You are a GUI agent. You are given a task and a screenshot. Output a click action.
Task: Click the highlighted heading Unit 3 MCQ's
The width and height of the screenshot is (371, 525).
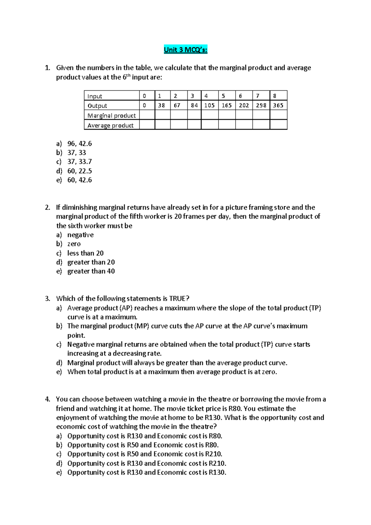point(185,49)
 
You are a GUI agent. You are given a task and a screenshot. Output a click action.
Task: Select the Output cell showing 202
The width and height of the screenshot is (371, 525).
point(244,105)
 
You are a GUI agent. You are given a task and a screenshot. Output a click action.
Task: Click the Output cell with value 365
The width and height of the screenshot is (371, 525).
point(278,105)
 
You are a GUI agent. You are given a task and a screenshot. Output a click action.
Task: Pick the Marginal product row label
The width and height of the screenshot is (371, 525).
point(112,115)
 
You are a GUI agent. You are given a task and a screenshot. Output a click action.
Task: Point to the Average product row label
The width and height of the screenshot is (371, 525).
point(110,125)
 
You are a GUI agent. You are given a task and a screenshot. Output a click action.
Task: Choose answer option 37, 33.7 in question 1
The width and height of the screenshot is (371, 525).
point(79,162)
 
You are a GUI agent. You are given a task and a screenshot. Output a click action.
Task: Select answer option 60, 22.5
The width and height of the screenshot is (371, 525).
point(79,171)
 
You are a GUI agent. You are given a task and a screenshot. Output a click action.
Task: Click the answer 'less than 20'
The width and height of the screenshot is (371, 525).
point(85,253)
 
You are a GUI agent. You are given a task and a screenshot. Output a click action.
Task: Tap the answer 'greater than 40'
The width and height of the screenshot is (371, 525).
point(91,271)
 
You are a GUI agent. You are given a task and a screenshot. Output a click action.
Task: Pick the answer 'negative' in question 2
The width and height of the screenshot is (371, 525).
point(80,235)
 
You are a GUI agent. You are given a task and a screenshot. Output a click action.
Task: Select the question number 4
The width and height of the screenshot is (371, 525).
point(47,399)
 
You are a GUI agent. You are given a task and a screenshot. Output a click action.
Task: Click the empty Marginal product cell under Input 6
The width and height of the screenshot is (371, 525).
point(244,115)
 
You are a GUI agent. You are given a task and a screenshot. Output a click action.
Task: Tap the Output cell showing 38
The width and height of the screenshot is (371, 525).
point(161,105)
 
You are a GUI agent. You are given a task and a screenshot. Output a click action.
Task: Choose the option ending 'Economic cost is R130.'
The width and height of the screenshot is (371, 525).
point(147,472)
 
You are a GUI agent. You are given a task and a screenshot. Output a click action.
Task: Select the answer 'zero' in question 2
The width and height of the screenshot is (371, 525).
point(74,244)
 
